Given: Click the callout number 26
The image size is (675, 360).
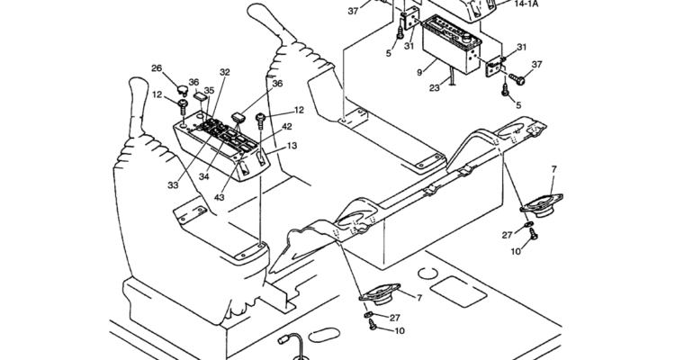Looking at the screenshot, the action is [x=157, y=68].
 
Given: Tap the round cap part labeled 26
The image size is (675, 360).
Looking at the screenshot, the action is [x=183, y=90].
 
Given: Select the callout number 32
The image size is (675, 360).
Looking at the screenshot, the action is [x=225, y=72].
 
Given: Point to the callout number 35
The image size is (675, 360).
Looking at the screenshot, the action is [x=209, y=90].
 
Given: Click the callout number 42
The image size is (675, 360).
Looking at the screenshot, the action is [x=287, y=127].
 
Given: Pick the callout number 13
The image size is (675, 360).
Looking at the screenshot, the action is [x=292, y=146].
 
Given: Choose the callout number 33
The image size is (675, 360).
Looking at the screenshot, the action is [x=173, y=185].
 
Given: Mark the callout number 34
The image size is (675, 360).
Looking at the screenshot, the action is [x=203, y=176].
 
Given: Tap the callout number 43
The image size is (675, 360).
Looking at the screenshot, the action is [x=219, y=197].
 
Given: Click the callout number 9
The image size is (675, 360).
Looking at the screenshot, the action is [x=419, y=73].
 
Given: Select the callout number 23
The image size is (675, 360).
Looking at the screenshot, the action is [x=435, y=88].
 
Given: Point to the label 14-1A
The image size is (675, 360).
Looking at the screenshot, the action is [x=526, y=4].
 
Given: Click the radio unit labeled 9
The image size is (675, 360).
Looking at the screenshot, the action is [x=451, y=44].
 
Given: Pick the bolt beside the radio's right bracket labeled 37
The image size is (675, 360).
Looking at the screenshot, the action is [x=517, y=79].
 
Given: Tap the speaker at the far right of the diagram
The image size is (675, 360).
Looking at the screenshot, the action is [x=542, y=205].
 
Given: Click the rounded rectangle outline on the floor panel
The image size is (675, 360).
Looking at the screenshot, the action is [x=458, y=292].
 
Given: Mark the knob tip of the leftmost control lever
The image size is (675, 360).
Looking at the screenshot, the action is [x=139, y=85].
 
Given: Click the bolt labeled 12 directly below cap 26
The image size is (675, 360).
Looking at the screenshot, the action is [x=183, y=106].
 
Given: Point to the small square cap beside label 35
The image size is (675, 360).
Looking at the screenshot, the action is [x=200, y=96].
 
